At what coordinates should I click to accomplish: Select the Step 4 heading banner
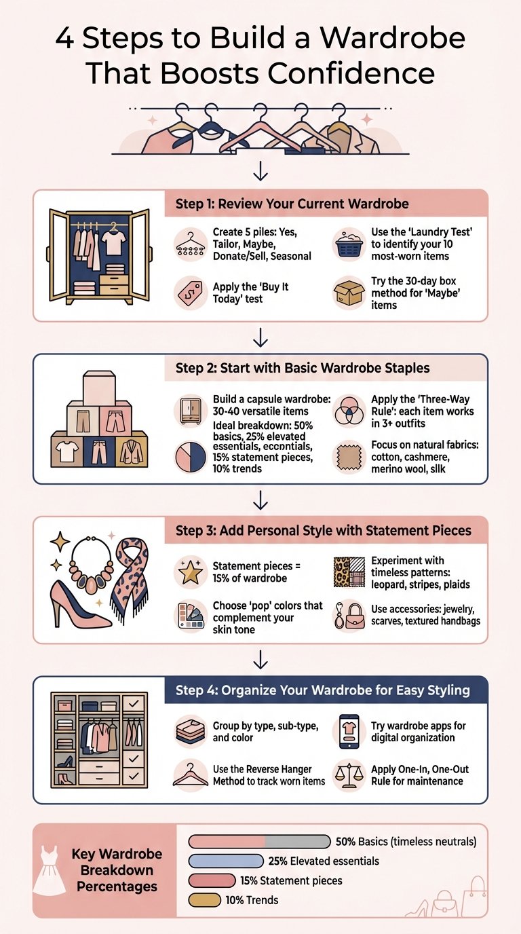[326, 690]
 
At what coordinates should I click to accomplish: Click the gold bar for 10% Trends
[205, 900]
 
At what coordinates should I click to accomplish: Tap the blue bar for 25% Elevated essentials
[226, 861]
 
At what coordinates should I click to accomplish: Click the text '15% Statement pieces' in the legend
[292, 881]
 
